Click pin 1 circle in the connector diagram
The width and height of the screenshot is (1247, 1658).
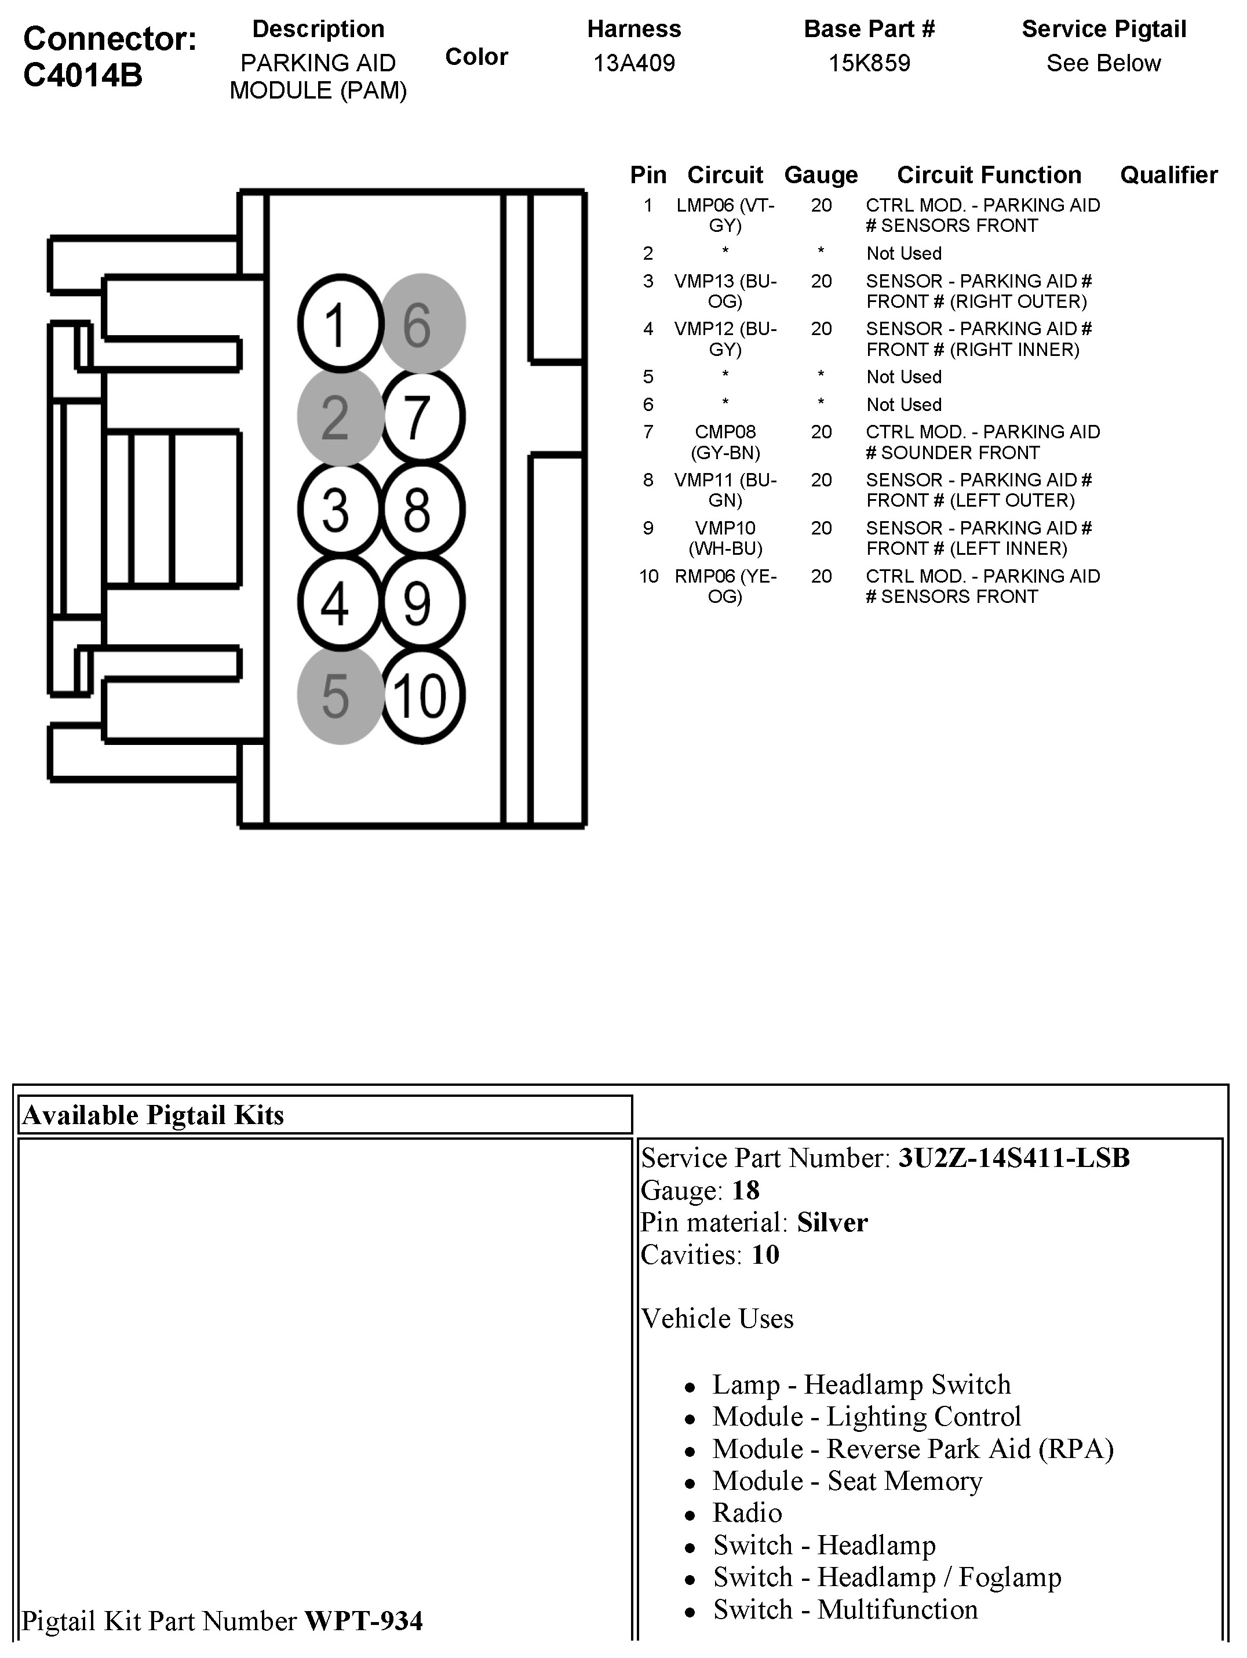click(340, 324)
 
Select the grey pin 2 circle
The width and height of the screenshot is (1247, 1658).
click(340, 417)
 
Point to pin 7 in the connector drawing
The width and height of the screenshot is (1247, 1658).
click(422, 417)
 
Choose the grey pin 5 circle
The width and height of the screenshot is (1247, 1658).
click(340, 696)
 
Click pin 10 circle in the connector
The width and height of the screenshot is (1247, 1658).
click(422, 696)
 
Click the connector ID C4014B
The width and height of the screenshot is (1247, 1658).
click(82, 75)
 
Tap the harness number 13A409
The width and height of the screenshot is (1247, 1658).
click(634, 63)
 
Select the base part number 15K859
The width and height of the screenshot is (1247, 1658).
click(869, 63)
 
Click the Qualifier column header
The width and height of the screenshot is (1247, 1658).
click(1168, 174)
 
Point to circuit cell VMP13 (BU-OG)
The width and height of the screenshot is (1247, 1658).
click(725, 291)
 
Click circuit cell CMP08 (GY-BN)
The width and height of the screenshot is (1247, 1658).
click(725, 442)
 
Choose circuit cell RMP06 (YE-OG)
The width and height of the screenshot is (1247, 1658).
click(725, 586)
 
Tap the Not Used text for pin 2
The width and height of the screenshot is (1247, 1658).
click(904, 253)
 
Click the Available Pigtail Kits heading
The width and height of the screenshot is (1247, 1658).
click(153, 1115)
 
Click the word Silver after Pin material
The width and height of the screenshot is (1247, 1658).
click(832, 1223)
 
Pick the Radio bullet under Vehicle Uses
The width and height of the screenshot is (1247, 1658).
click(747, 1513)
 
